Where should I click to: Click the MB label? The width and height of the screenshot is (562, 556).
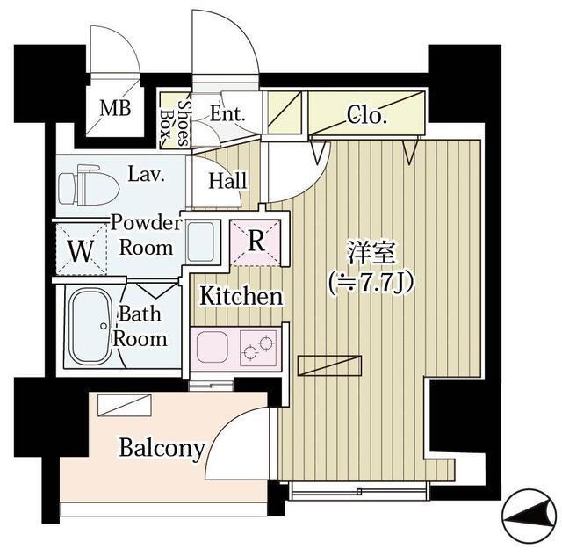pyautogui.click(x=114, y=109)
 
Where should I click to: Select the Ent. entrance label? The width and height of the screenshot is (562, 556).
pyautogui.click(x=227, y=113)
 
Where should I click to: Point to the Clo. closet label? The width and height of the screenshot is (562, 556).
pyautogui.click(x=366, y=114)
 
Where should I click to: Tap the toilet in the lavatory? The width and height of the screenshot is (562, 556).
pyautogui.click(x=88, y=185)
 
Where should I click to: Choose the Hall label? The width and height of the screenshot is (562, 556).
pyautogui.click(x=228, y=181)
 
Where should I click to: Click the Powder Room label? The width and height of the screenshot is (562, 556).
pyautogui.click(x=147, y=235)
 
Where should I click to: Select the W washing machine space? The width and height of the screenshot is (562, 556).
pyautogui.click(x=80, y=249)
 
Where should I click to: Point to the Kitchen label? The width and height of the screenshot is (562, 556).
pyautogui.click(x=241, y=296)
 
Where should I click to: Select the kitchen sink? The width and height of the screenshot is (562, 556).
pyautogui.click(x=213, y=348)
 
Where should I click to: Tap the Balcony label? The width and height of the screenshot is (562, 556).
pyautogui.click(x=162, y=449)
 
